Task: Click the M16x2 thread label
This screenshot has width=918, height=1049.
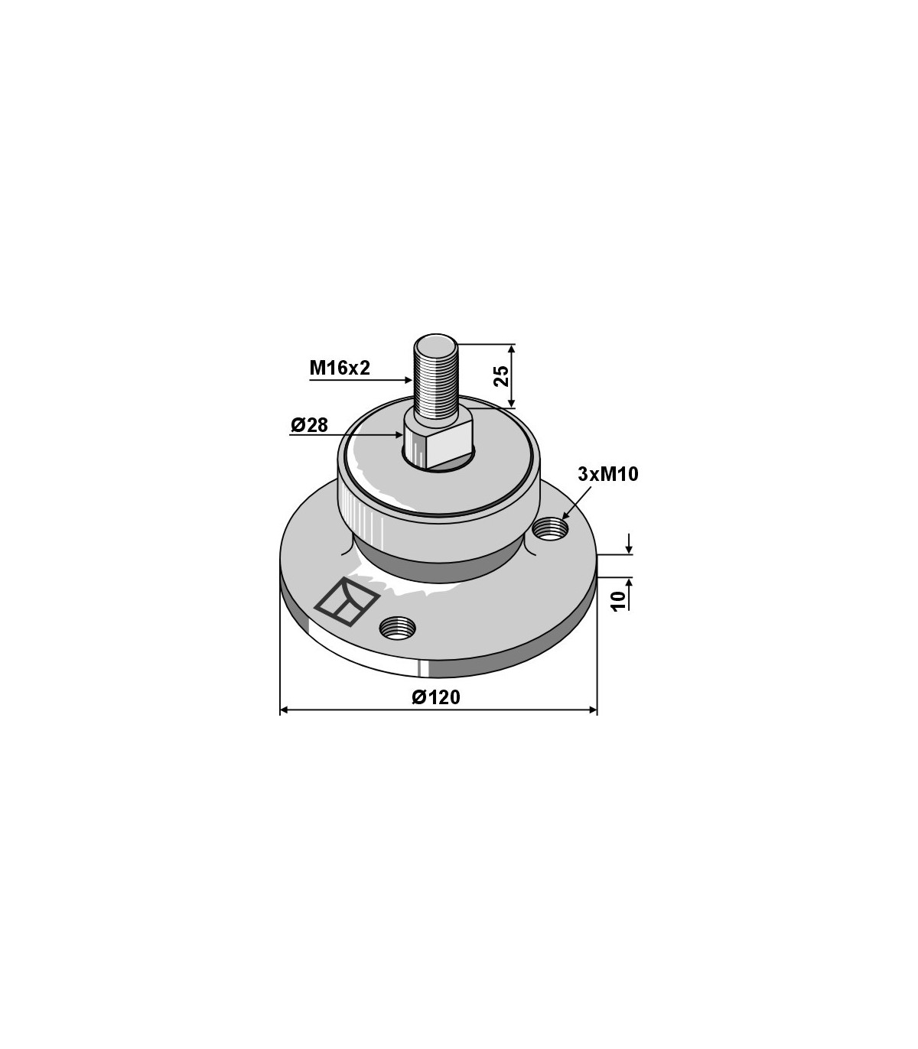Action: click(340, 368)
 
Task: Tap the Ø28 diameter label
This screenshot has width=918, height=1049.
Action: click(309, 425)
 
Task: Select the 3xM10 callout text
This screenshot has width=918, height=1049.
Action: click(608, 474)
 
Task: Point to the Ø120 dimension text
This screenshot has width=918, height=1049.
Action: click(437, 697)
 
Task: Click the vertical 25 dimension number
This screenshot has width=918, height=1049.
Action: click(502, 376)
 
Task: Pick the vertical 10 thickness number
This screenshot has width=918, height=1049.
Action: click(620, 600)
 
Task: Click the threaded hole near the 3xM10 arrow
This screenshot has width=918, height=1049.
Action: click(551, 527)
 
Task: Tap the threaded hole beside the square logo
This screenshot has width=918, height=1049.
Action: click(397, 627)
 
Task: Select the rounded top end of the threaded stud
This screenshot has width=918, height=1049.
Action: click(436, 340)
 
